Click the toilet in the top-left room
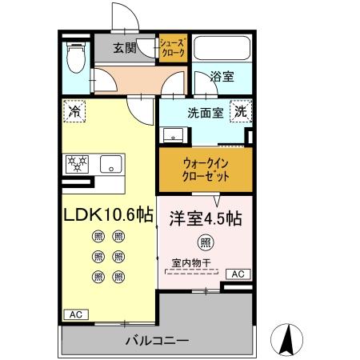pos(74,56)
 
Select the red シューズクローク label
pos(172,48)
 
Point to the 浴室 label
pos(222,78)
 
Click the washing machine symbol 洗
pos(240,113)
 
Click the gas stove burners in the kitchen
pos(78,163)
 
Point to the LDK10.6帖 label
pos(109,216)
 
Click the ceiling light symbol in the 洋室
pos(205,242)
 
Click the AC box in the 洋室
pos(238,274)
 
